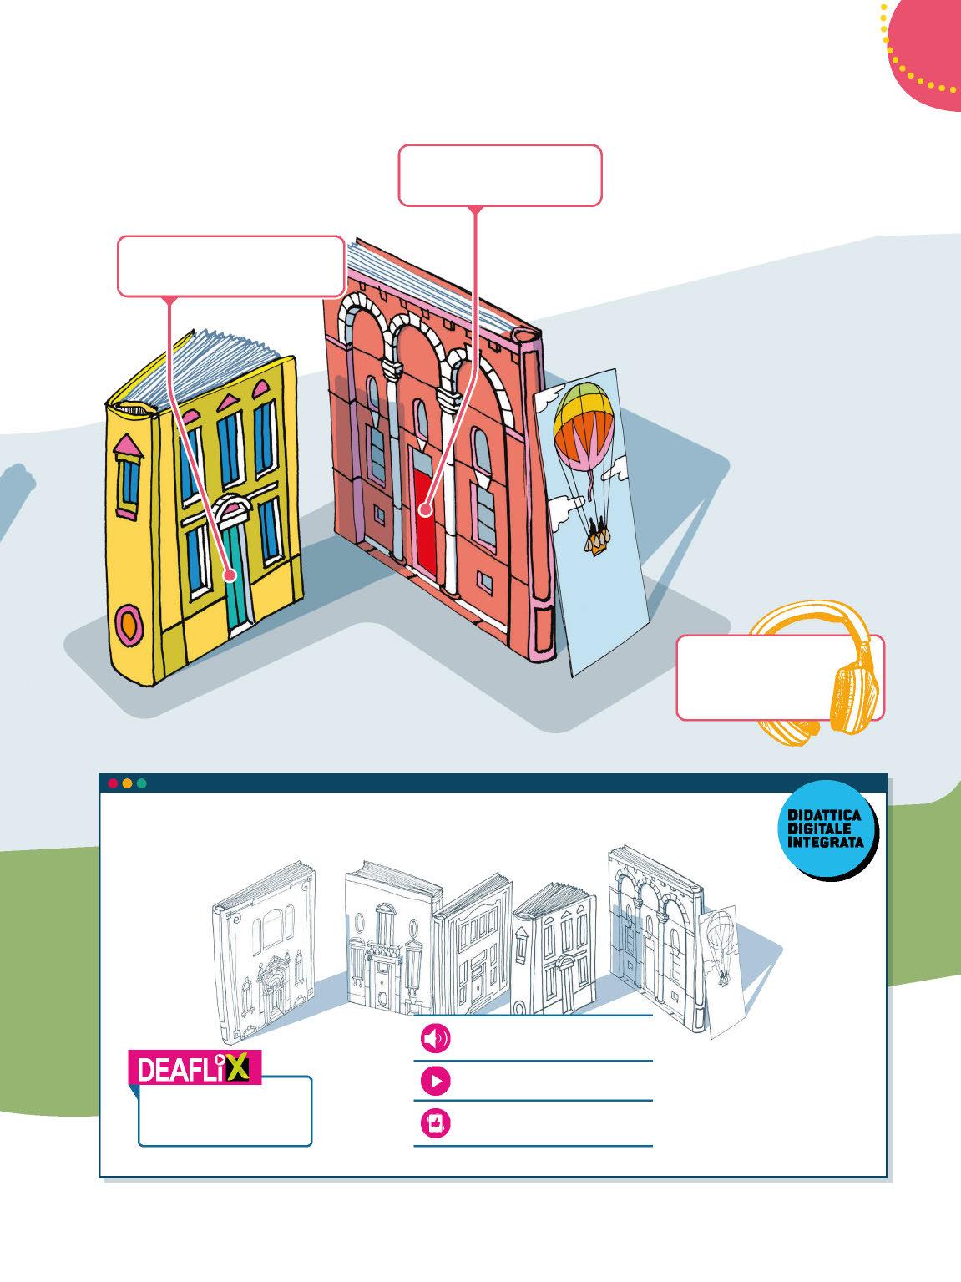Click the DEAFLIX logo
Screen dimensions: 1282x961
[x=195, y=1068]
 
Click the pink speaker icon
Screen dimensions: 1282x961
[x=436, y=1039]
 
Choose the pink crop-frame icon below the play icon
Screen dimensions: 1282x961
[x=436, y=1125]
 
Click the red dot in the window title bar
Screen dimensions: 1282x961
[x=113, y=783]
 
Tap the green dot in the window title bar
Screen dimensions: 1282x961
[x=141, y=783]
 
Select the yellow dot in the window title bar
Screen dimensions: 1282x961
[x=127, y=783]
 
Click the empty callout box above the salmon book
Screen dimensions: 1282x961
[x=499, y=175]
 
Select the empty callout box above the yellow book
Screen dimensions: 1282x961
[x=230, y=266]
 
